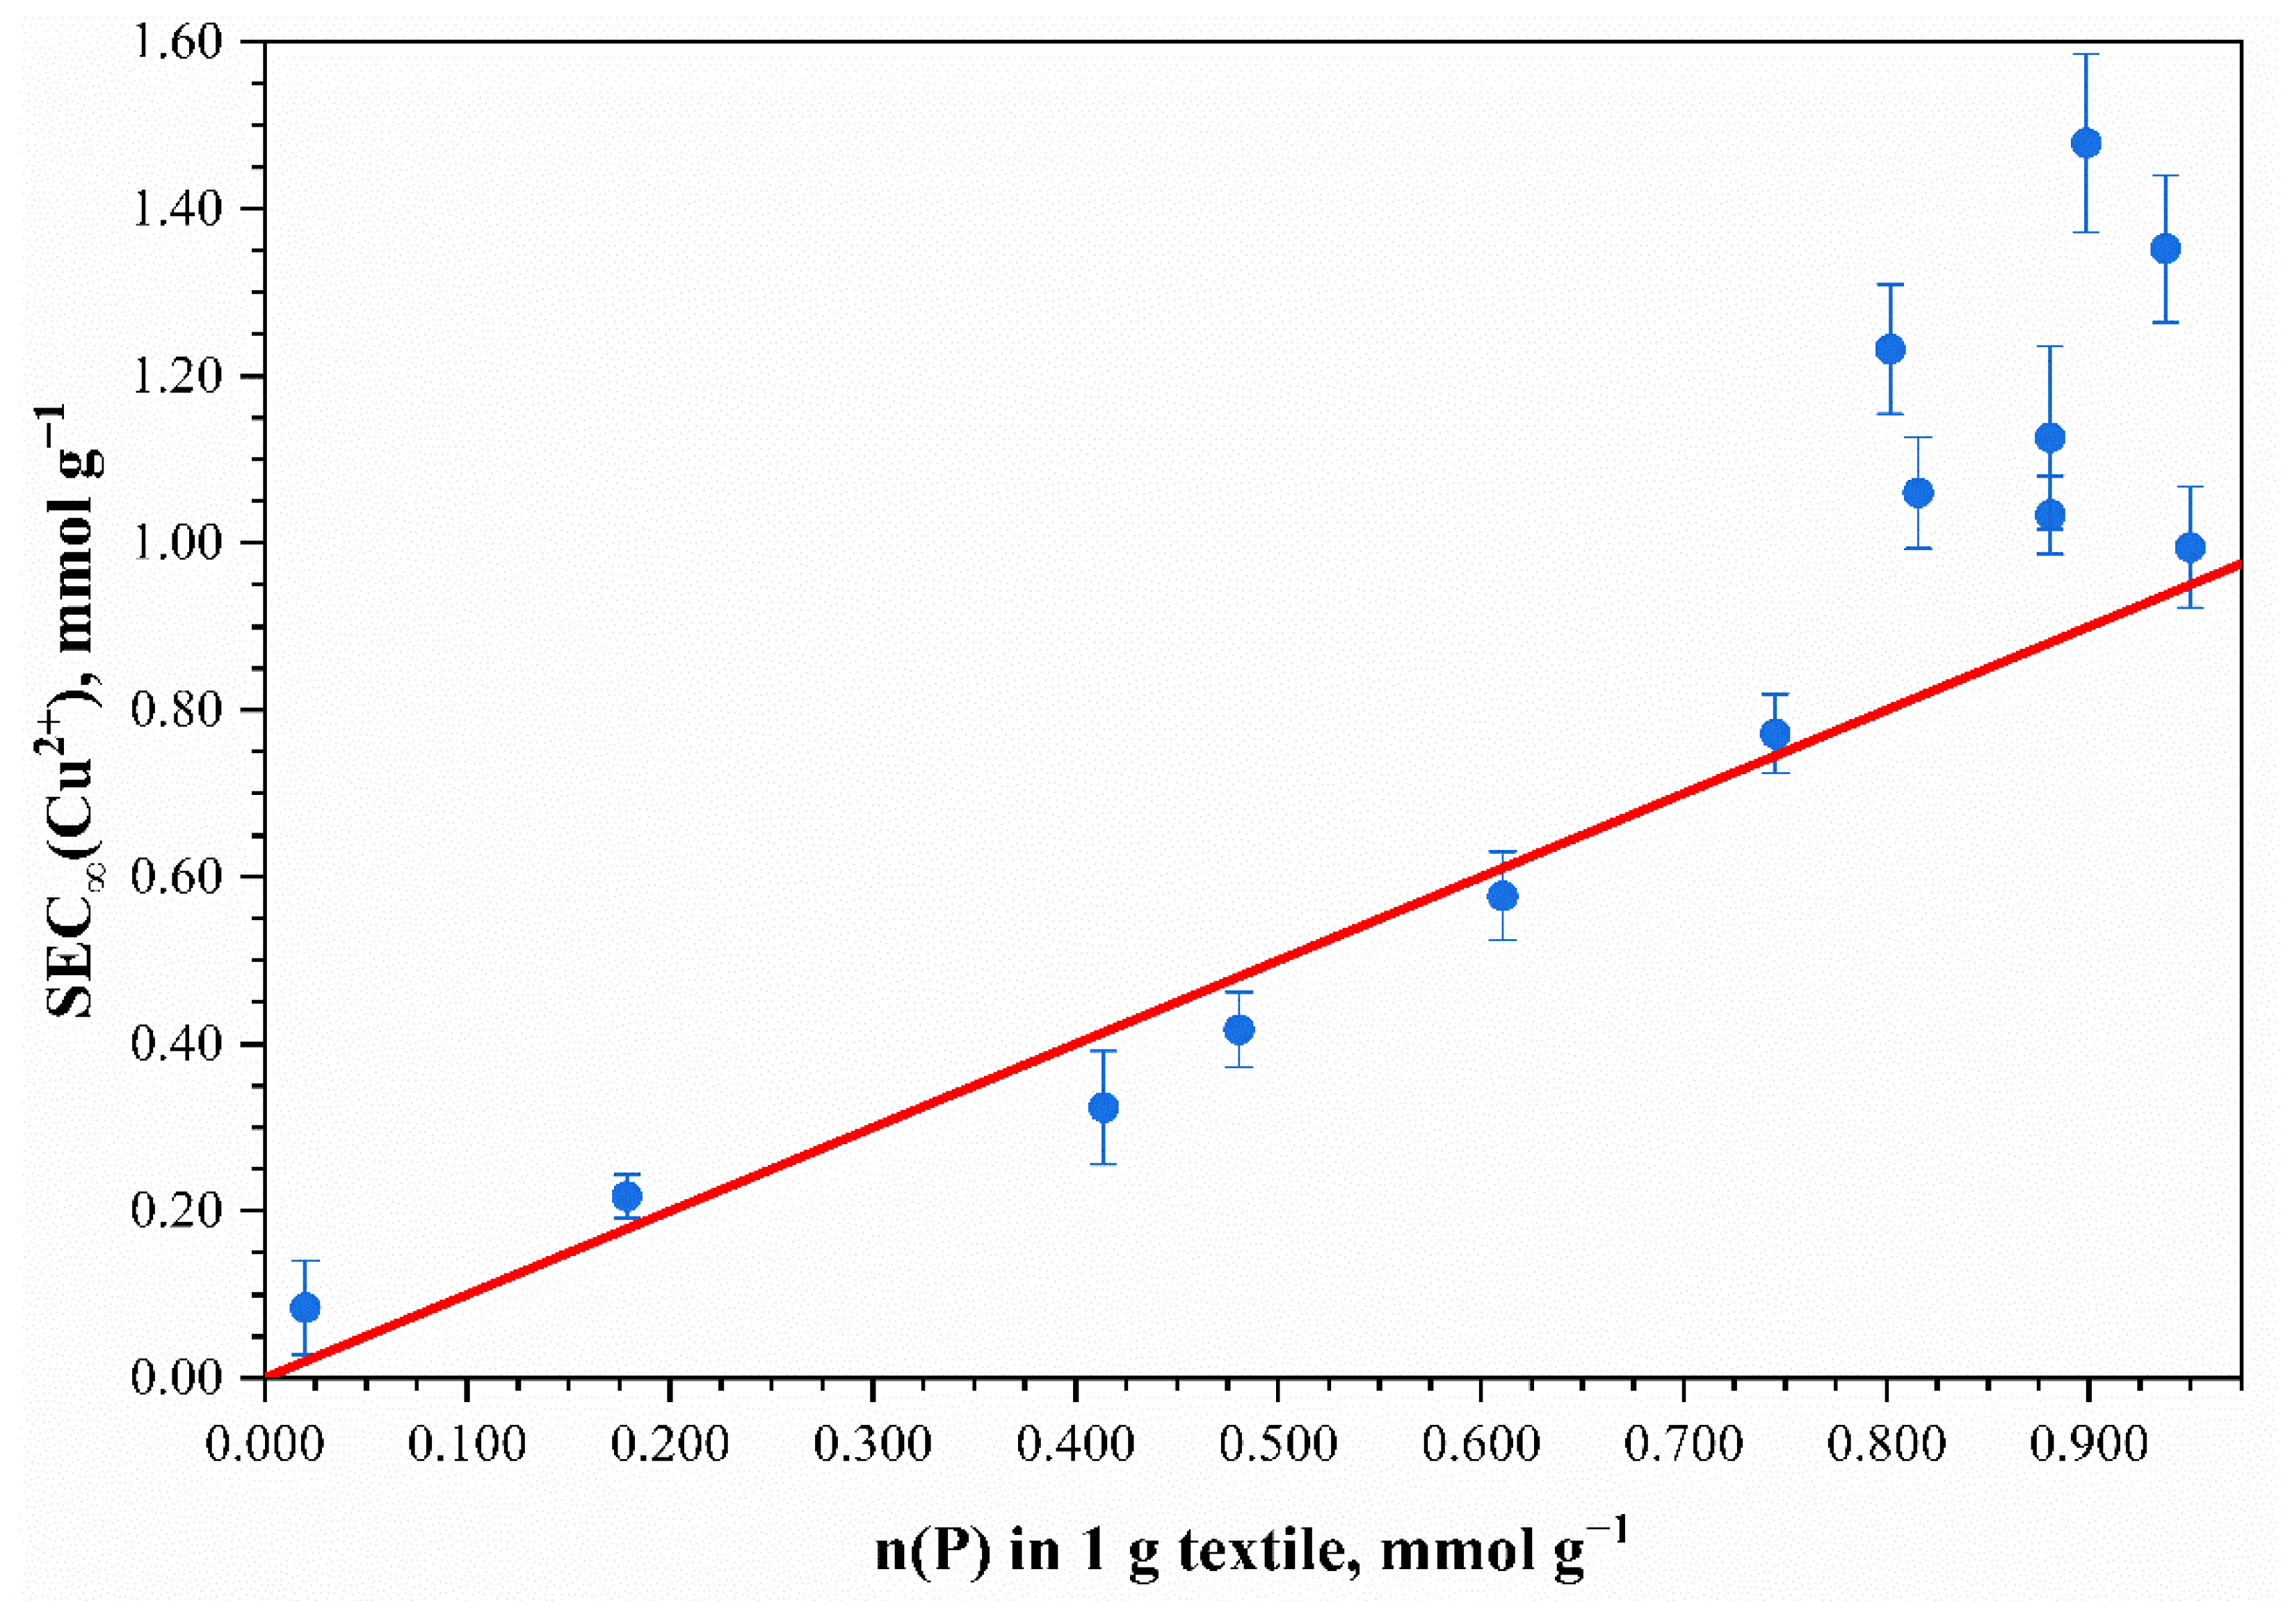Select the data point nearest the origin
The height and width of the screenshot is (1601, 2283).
(305, 1308)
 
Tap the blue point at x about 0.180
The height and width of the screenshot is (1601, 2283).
(627, 1196)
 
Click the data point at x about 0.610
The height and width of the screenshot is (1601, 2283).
(1503, 896)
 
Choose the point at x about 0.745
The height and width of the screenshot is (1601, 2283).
(1775, 734)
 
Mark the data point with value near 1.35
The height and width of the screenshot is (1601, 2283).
(2165, 248)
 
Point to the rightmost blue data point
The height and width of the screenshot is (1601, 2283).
(2190, 547)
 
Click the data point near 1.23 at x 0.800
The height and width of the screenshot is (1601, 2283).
(1889, 349)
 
